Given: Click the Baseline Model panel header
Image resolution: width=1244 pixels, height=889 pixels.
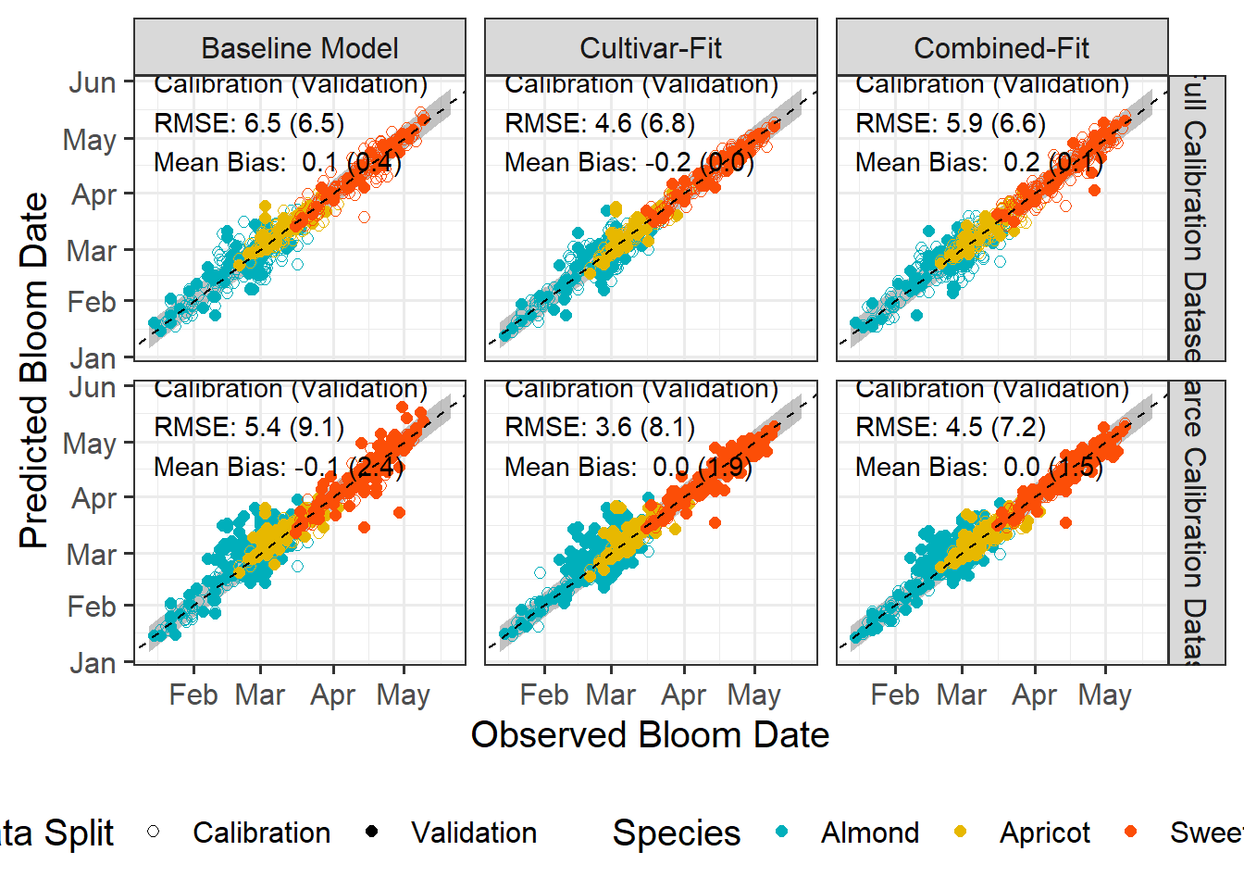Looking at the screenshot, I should [x=300, y=48].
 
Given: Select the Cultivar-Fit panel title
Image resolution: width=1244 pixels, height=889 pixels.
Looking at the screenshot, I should [x=651, y=48].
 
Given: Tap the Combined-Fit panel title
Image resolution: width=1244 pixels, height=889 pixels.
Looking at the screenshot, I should [x=1001, y=48].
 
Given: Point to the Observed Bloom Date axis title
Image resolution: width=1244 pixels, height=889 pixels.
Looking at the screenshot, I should [x=650, y=735].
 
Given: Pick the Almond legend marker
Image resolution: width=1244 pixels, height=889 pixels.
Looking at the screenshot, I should [x=782, y=832].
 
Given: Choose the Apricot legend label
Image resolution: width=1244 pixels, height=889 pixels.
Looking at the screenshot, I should [x=1045, y=833].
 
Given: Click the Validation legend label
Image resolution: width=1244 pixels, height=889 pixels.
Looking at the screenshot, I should [x=474, y=833].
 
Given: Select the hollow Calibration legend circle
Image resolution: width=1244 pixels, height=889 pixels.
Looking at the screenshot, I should [x=154, y=832].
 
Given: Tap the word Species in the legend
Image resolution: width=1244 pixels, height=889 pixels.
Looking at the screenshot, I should [x=677, y=833].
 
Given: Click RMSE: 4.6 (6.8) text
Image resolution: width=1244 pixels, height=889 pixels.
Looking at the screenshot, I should [x=600, y=123].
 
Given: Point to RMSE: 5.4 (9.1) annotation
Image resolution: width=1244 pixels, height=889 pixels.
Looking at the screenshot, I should [x=249, y=427].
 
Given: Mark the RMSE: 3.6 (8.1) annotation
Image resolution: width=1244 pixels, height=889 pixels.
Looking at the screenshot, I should [x=600, y=427].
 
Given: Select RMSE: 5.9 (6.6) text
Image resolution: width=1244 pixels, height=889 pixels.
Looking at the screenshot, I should [x=951, y=123].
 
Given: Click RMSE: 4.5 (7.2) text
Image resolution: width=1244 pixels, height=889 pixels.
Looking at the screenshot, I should [x=951, y=427].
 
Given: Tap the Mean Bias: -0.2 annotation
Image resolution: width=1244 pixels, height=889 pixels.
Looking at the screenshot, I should [x=629, y=163].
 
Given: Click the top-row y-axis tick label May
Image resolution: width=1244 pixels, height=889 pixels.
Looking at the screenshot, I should [x=90, y=141].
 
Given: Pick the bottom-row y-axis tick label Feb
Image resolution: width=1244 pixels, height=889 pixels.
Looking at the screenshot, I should [x=92, y=607].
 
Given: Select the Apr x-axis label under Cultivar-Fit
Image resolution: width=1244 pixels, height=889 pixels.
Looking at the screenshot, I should [x=684, y=695].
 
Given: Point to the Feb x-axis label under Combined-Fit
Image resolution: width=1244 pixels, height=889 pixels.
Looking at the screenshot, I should [x=895, y=695].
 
